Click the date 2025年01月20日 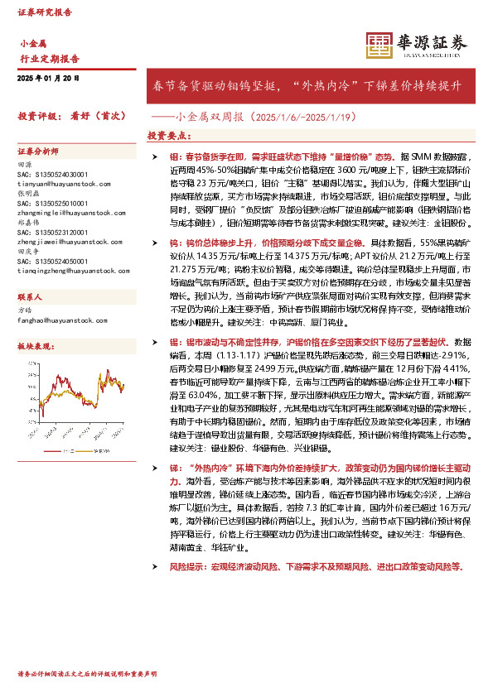pyautogui.click(x=48, y=78)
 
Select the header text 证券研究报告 pyautogui.click(x=45, y=13)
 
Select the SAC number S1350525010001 pyautogui.click(x=52, y=203)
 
